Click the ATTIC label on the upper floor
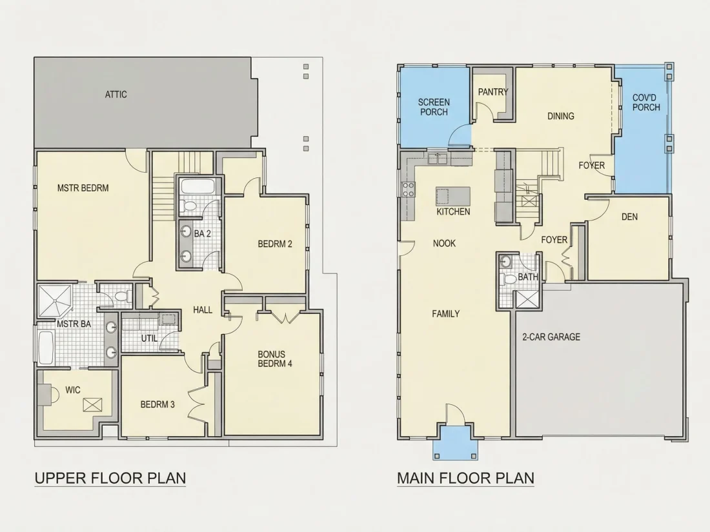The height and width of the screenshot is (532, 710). [x=116, y=95]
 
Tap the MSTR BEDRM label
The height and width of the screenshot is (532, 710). [x=83, y=188]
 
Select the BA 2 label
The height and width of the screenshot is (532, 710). [x=203, y=234]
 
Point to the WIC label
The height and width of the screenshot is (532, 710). [x=73, y=390]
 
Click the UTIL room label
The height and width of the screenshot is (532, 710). [x=150, y=338]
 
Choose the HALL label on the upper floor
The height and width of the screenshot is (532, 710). [x=203, y=310]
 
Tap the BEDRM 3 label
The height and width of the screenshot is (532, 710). [x=157, y=404]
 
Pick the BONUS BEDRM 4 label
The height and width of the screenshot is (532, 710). [x=275, y=359]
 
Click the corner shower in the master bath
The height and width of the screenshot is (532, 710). [x=55, y=300]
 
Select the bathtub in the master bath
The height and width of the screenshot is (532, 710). [x=46, y=348]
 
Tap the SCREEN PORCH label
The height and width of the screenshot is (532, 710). [x=434, y=107]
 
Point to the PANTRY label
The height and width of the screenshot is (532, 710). [x=493, y=92]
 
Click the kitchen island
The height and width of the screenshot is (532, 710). [x=453, y=196]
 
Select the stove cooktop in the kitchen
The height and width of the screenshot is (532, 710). [x=409, y=189]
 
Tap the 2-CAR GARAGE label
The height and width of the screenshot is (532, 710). [x=551, y=337]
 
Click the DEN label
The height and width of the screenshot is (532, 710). [x=629, y=217]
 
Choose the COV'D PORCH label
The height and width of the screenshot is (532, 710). [x=646, y=103]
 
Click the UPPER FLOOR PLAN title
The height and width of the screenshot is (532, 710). [x=110, y=478]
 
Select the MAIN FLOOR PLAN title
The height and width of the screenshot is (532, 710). [x=465, y=478]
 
